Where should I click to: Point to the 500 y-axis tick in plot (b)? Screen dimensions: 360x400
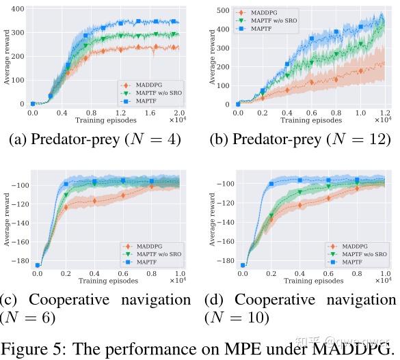(x=221, y=11)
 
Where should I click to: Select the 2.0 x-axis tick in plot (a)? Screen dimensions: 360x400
(x=179, y=112)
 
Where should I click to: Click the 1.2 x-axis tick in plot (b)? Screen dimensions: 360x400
(x=384, y=112)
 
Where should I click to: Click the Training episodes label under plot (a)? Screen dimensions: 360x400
(x=103, y=120)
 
